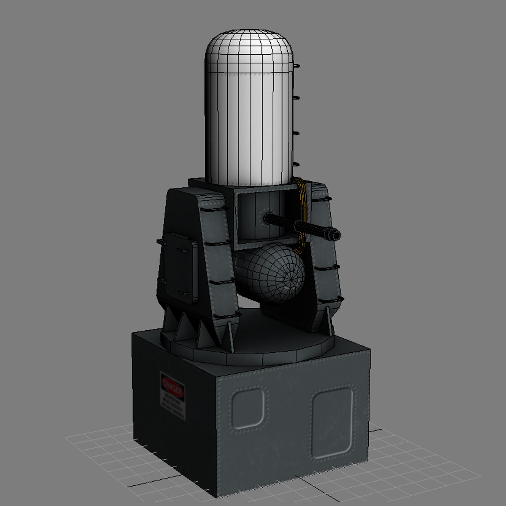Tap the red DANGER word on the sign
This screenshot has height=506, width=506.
tap(172, 387)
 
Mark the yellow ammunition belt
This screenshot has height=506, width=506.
tap(302, 216)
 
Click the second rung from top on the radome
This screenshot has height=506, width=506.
tap(296, 98)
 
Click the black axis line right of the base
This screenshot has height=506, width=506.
tap(375, 429)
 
